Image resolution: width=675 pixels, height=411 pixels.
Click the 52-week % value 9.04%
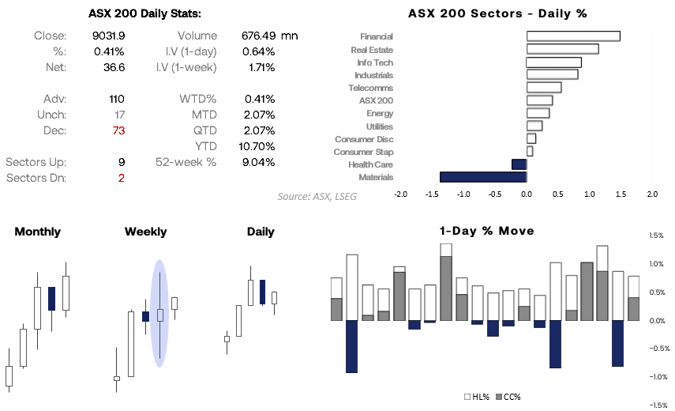pyautogui.click(x=258, y=162)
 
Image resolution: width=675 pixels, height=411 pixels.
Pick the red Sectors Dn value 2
pyautogui.click(x=122, y=178)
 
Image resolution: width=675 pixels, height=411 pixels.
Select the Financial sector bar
pyautogui.click(x=573, y=36)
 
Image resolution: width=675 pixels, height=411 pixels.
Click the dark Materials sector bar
pyautogui.click(x=483, y=177)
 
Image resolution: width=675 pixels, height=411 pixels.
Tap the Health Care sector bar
pyautogui.click(x=519, y=164)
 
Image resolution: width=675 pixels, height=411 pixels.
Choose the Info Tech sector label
pyautogui.click(x=375, y=62)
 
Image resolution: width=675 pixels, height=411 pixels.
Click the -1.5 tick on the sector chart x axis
pyautogui.click(x=432, y=194)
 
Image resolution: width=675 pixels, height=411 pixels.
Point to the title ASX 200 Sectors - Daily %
pyautogui.click(x=497, y=13)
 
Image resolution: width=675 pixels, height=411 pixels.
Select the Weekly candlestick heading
pyautogui.click(x=145, y=232)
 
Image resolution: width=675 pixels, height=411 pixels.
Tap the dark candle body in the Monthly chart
pyautogui.click(x=52, y=298)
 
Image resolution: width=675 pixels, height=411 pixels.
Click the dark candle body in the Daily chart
pyautogui.click(x=262, y=291)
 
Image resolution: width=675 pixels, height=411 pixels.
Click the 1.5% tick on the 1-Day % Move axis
pyautogui.click(x=656, y=236)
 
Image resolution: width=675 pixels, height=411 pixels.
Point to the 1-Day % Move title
pyautogui.click(x=486, y=231)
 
